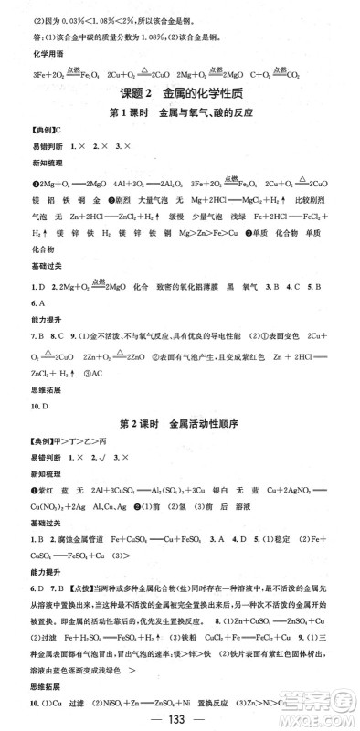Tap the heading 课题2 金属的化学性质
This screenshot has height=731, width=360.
point(179,95)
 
